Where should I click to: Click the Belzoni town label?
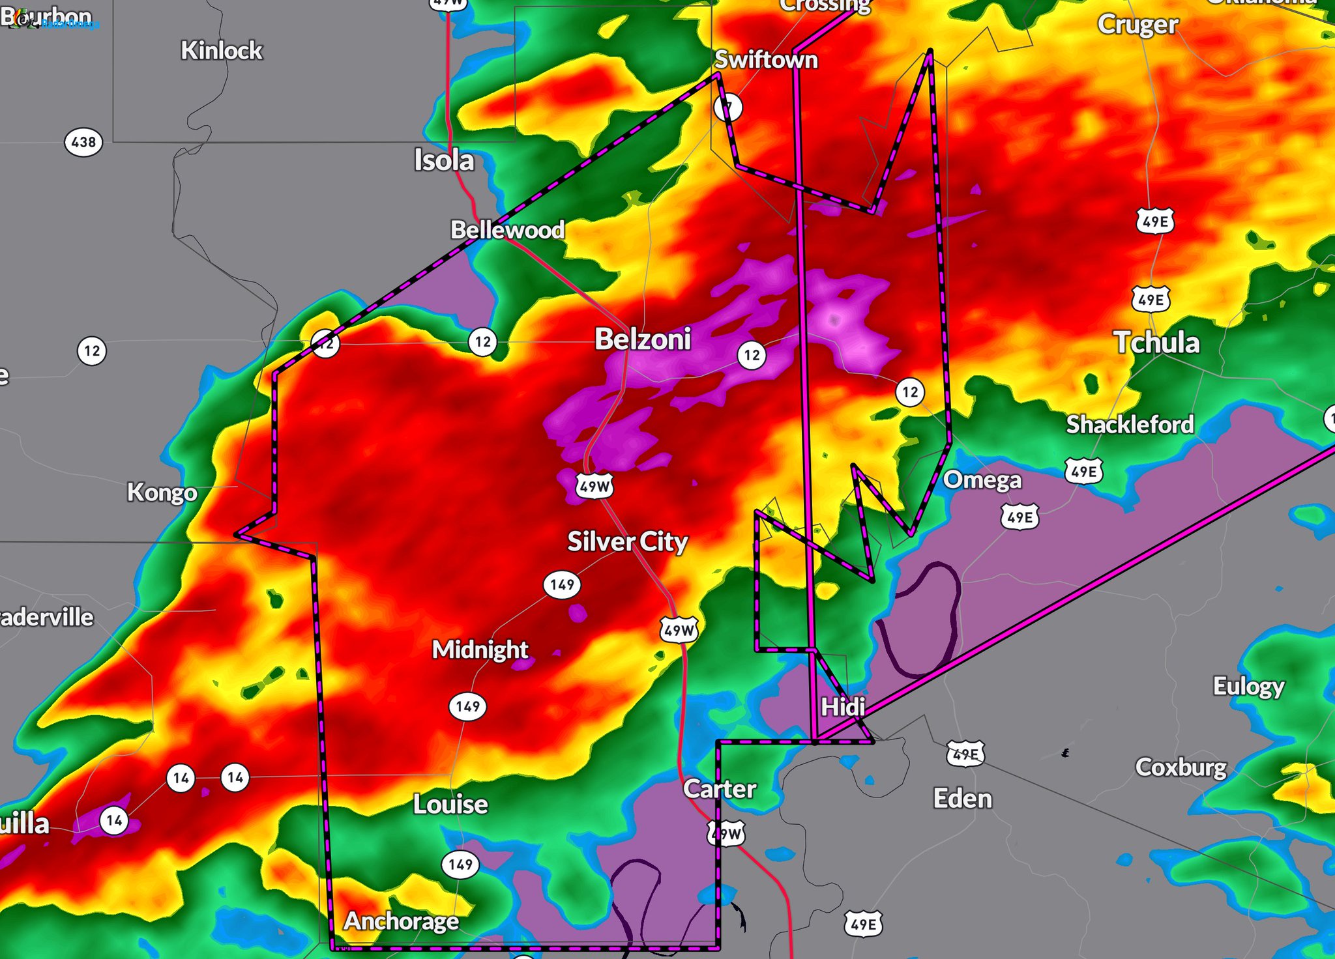click(x=642, y=339)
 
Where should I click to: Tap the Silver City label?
click(x=627, y=541)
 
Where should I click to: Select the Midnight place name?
click(x=480, y=650)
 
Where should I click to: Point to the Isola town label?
click(x=444, y=160)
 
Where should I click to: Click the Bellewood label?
click(x=507, y=229)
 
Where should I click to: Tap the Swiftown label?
click(x=766, y=60)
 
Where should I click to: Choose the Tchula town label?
click(x=1156, y=343)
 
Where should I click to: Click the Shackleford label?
click(x=1130, y=425)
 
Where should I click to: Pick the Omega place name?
click(x=982, y=480)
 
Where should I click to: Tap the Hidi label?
click(x=842, y=707)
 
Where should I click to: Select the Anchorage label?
click(x=402, y=921)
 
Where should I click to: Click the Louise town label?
click(x=450, y=805)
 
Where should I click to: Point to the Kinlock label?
click(x=222, y=50)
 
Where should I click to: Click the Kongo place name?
click(x=162, y=492)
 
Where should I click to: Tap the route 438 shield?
click(x=83, y=142)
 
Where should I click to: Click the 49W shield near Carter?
click(x=726, y=833)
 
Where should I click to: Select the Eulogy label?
click(x=1248, y=686)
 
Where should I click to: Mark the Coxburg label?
click(x=1181, y=767)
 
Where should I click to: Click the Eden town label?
click(x=962, y=799)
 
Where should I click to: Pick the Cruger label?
click(x=1137, y=25)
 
